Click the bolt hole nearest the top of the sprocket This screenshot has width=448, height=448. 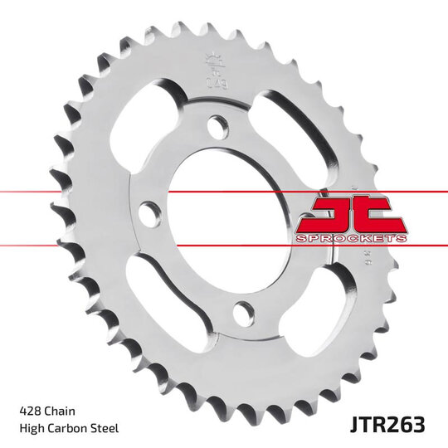[219, 127]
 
